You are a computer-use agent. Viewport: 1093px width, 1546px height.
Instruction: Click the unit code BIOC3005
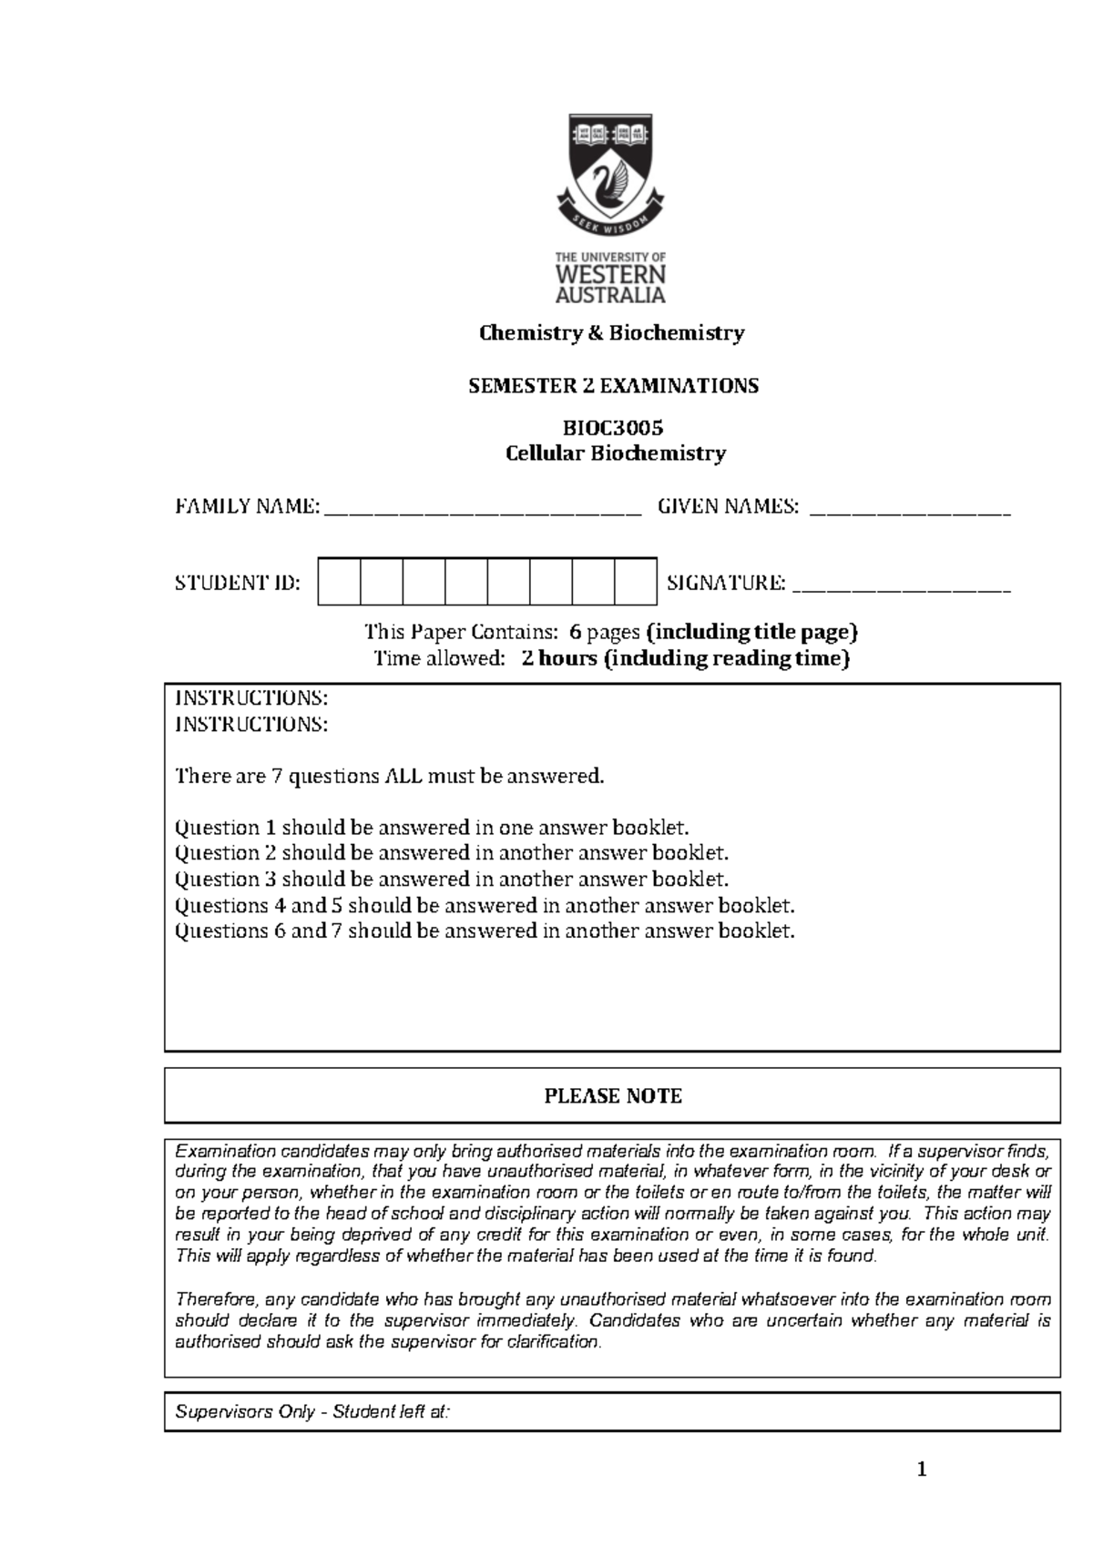click(x=612, y=427)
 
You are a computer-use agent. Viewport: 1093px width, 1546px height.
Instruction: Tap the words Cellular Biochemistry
click(x=616, y=453)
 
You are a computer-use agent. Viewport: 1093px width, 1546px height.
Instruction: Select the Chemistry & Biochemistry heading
click(x=612, y=333)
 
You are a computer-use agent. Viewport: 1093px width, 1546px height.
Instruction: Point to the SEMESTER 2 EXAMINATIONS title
click(x=613, y=386)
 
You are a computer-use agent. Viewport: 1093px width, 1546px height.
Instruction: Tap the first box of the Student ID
click(x=339, y=582)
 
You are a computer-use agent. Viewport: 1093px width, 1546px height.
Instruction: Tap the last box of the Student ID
click(x=635, y=582)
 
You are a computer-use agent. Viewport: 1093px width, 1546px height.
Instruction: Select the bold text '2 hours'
click(x=559, y=659)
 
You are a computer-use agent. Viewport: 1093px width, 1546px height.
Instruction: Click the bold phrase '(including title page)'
click(x=751, y=632)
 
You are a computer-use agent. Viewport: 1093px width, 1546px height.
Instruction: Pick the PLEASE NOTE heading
click(x=613, y=1096)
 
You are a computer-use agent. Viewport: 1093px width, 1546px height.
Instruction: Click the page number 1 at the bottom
click(x=922, y=1469)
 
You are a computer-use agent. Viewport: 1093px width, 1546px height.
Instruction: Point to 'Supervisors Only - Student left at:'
click(x=312, y=1413)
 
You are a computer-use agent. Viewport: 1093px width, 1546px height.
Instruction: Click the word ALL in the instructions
click(x=403, y=777)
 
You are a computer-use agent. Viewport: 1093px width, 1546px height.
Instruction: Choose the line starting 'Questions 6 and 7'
click(x=485, y=931)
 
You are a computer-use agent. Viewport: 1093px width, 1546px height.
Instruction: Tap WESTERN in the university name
click(x=610, y=274)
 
